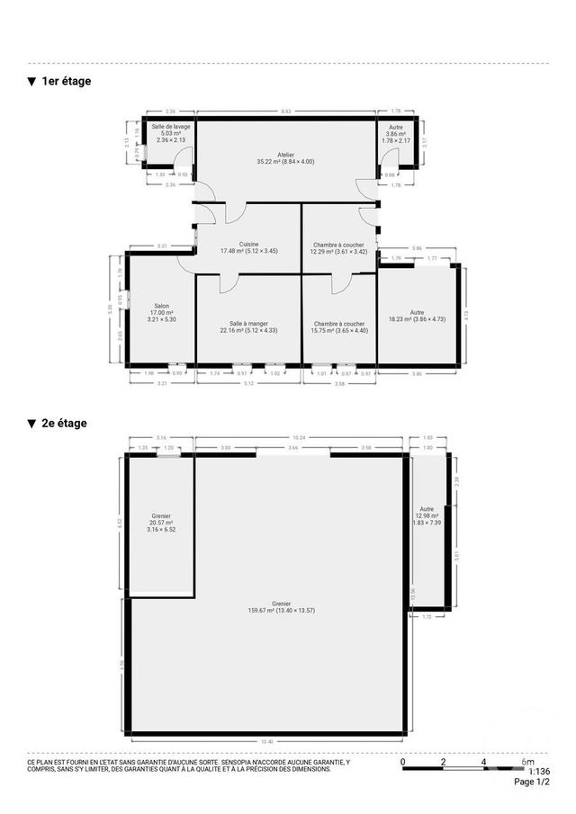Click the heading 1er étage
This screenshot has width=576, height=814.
[x=66, y=81]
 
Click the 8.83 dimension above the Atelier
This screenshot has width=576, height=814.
[x=286, y=112]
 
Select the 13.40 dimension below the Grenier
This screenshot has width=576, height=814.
[x=267, y=741]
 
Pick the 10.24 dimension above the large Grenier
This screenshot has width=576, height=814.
[x=298, y=438]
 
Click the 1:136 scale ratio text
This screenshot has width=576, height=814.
[x=538, y=771]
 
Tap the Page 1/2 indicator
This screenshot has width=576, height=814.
[x=531, y=783]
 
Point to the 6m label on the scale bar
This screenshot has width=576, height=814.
[x=527, y=762]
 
